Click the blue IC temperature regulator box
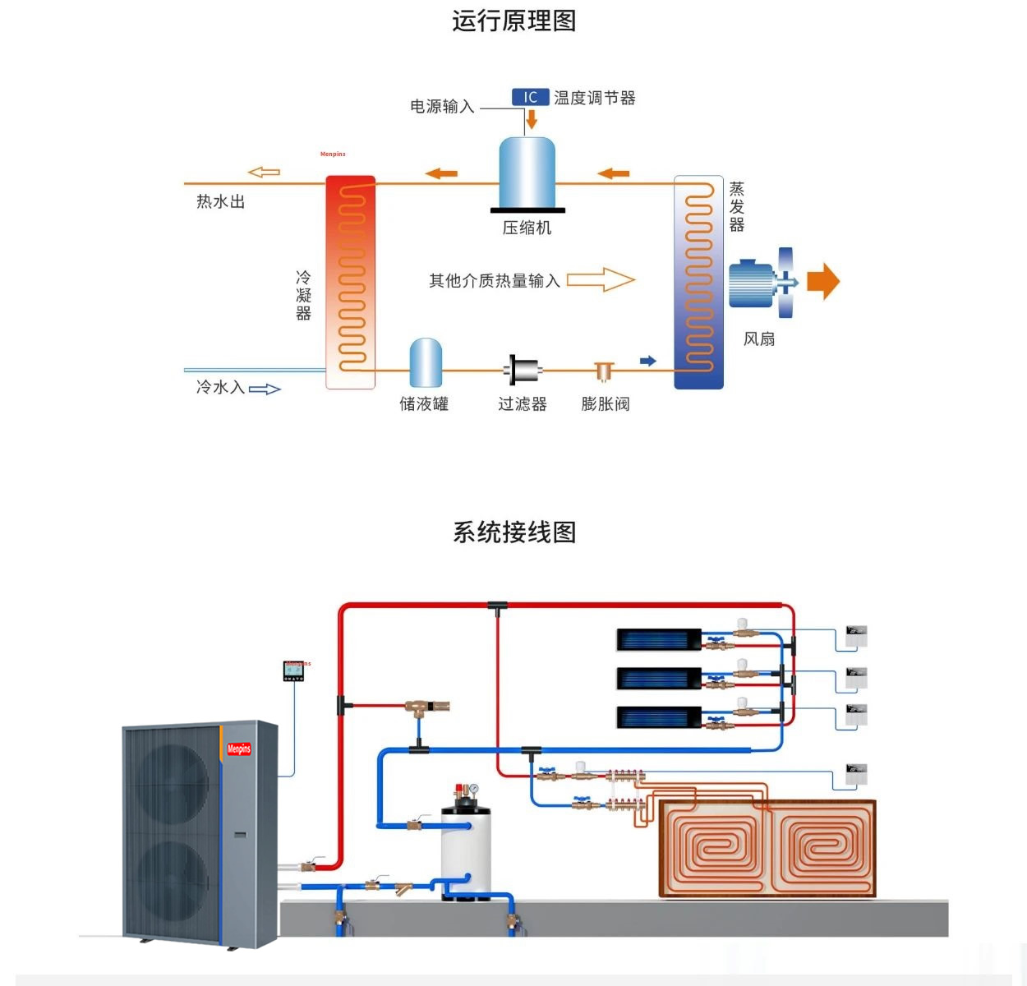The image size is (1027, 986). tap(530, 97)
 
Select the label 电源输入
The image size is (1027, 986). tap(442, 107)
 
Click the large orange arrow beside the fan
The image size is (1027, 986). tap(823, 281)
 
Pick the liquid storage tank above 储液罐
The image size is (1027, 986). tap(426, 362)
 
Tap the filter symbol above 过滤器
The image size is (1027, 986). tap(523, 371)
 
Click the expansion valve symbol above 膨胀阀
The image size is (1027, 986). tap(605, 372)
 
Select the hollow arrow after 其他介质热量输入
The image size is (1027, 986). tap(601, 280)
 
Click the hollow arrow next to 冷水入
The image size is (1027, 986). tap(265, 389)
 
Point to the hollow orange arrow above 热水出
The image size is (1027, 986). tap(265, 172)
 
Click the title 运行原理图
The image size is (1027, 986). tap(513, 21)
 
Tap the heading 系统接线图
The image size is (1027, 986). tap(513, 532)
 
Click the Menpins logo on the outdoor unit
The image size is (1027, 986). tap(239, 749)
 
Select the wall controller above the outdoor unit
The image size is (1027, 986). tap(293, 671)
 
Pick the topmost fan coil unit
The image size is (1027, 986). tap(659, 639)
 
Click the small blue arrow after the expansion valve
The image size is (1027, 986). tap(648, 361)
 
